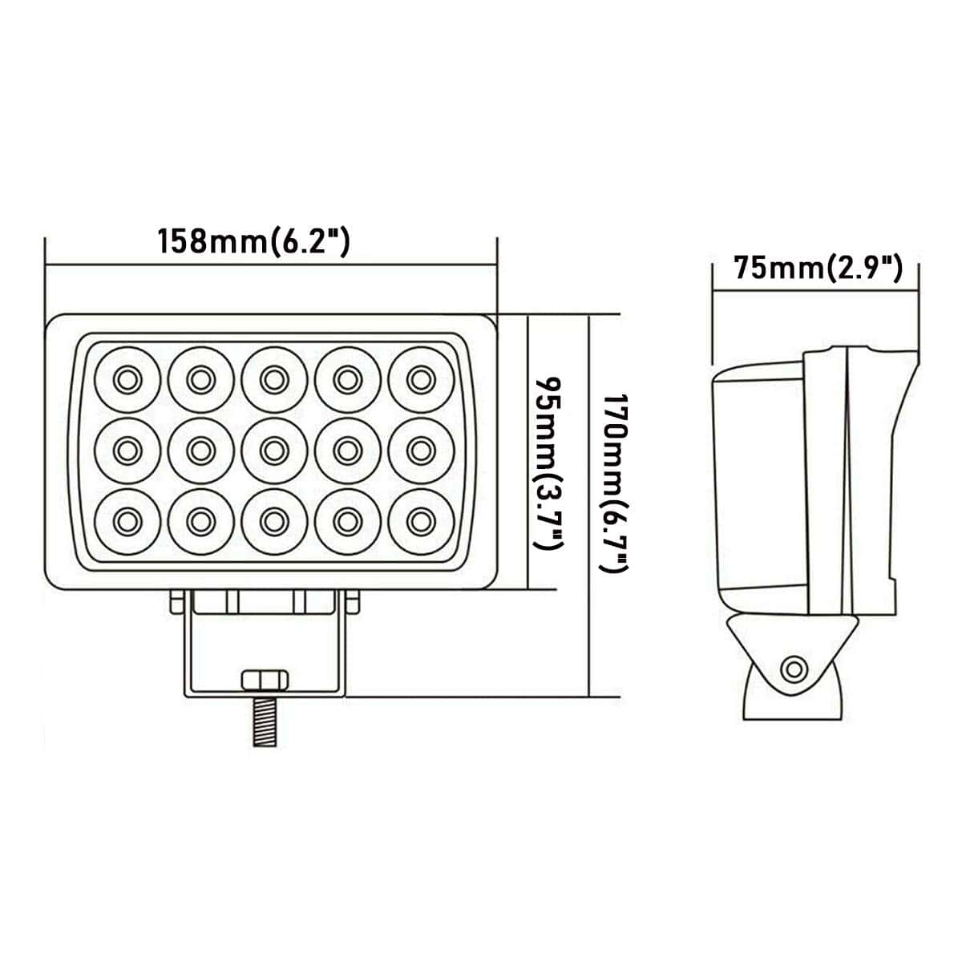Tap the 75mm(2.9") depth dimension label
(819, 268)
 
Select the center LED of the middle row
(273, 450)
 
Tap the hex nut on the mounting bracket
(264, 680)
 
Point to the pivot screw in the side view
(794, 668)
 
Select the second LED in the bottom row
(199, 522)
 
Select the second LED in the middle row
(199, 450)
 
